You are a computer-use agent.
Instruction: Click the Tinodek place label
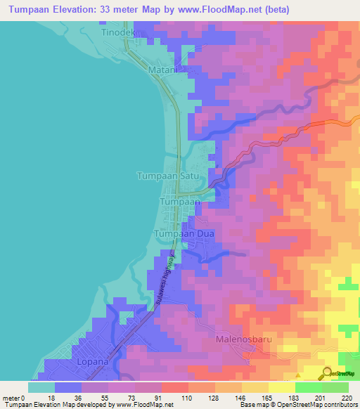[x=116, y=33]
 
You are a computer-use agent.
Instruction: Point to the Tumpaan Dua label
[x=184, y=233]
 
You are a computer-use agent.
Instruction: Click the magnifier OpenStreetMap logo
[x=328, y=373]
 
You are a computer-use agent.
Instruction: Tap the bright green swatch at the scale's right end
[x=335, y=387]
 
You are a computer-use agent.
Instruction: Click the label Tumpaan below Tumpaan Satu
[x=181, y=202]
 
